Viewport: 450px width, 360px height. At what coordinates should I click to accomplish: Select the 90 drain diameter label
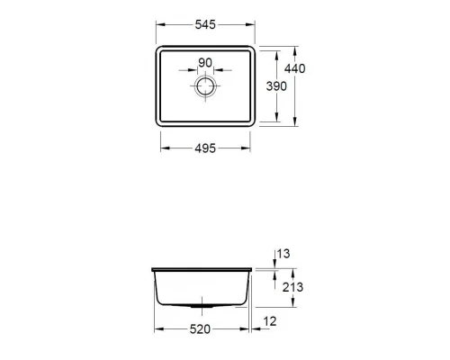coord(205,62)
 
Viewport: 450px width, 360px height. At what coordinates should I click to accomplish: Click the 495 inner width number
coord(206,149)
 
